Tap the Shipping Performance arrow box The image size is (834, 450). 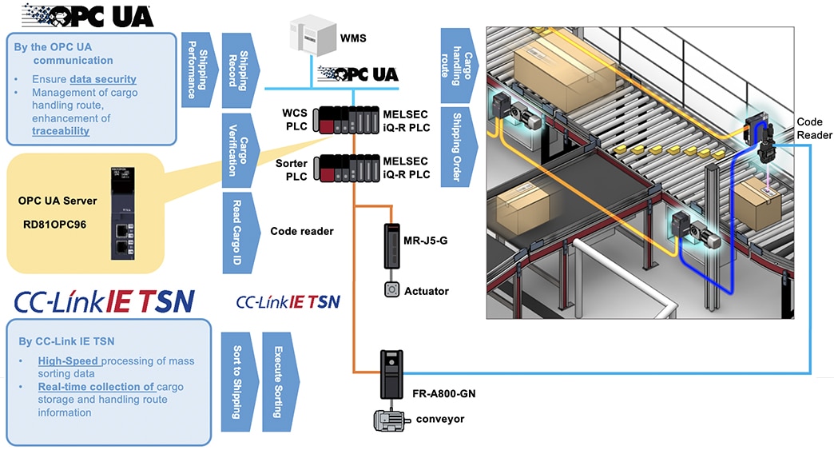[x=193, y=69]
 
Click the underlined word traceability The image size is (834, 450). [x=61, y=130]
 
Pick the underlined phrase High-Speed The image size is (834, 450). [x=67, y=361]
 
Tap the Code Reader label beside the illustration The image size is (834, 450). [x=815, y=129]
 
